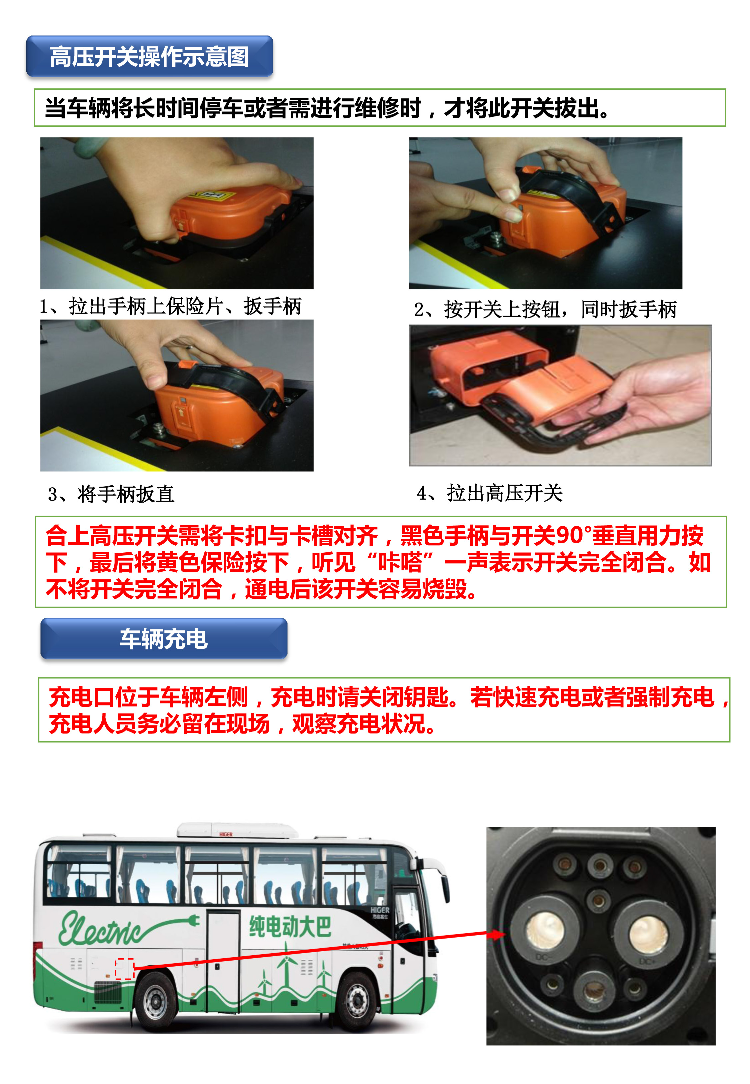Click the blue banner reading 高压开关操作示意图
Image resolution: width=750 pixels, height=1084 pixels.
click(x=149, y=56)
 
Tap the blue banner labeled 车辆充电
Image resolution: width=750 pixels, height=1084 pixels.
click(x=164, y=639)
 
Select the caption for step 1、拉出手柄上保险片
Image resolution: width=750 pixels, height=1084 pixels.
click(x=170, y=307)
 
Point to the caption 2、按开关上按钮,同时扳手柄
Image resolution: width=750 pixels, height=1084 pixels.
click(x=545, y=309)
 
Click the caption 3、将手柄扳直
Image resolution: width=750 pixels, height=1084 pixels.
click(x=111, y=494)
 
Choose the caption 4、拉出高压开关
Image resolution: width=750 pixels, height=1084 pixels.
click(x=490, y=493)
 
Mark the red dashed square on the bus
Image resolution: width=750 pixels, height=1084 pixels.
click(x=125, y=968)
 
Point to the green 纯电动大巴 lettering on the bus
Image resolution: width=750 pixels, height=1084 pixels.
click(x=290, y=927)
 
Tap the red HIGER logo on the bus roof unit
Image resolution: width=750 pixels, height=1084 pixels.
click(x=226, y=835)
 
